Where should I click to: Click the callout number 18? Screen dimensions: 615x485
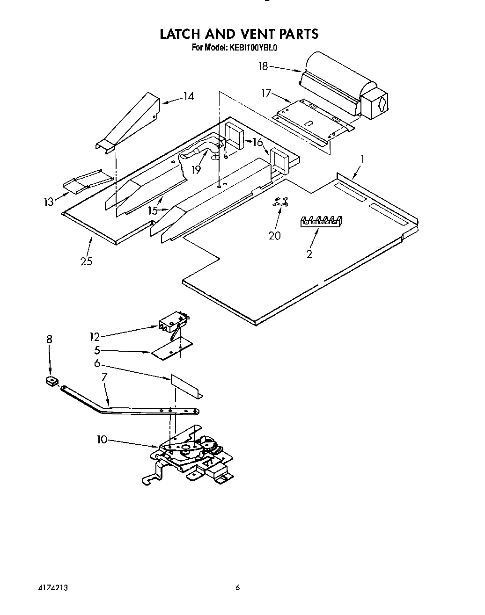click(264, 66)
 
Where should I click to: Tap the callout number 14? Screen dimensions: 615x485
click(188, 96)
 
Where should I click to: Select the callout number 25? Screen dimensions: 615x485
click(87, 261)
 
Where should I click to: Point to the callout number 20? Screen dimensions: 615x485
click(275, 236)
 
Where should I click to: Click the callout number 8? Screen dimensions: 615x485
click(49, 340)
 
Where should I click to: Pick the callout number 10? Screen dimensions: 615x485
click(102, 440)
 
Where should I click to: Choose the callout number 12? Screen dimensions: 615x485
click(95, 336)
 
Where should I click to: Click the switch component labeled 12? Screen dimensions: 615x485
click(173, 323)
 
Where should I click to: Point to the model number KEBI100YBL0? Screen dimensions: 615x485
click(255, 47)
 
